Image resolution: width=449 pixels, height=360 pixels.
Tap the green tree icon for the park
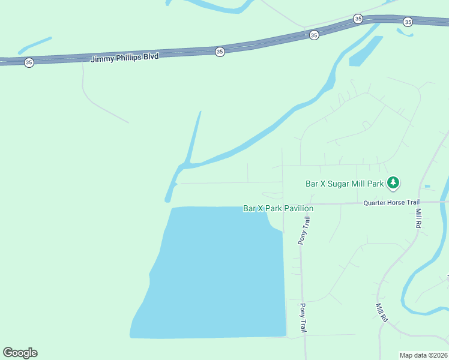[x=393, y=182]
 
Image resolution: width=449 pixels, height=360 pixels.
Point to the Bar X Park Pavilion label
[x=278, y=208]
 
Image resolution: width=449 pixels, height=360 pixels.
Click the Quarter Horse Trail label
[x=391, y=203]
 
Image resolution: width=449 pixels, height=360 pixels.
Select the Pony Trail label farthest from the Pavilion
[x=304, y=317]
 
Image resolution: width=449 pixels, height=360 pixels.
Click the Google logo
[x=20, y=353]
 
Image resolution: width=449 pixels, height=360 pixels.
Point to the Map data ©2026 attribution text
[x=423, y=355]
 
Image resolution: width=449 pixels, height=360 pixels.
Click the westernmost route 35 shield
[x=29, y=62]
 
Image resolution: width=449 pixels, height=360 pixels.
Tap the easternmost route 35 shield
[x=408, y=22]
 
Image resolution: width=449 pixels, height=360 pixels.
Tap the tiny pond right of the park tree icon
[x=427, y=187]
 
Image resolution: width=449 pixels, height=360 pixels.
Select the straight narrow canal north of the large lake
[x=194, y=138]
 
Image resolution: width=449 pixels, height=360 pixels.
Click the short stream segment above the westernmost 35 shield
[x=35, y=45]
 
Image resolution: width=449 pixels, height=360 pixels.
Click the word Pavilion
[x=298, y=208]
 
